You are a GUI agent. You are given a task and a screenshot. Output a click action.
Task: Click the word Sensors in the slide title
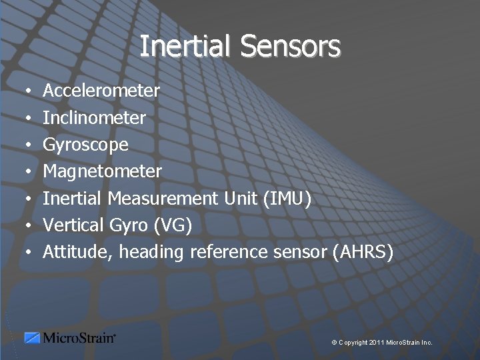coord(290,47)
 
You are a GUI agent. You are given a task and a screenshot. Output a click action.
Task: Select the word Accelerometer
coord(101,90)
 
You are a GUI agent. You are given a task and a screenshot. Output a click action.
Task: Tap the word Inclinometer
coord(94,117)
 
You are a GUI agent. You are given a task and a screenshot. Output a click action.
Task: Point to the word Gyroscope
coord(86,145)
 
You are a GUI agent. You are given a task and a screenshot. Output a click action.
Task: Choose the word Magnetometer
coord(102,171)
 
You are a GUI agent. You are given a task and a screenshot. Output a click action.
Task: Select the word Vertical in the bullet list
coord(72,225)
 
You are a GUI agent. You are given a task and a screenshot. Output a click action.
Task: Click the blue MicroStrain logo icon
coord(32,338)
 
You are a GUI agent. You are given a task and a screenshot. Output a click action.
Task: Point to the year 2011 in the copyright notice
coord(375,342)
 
